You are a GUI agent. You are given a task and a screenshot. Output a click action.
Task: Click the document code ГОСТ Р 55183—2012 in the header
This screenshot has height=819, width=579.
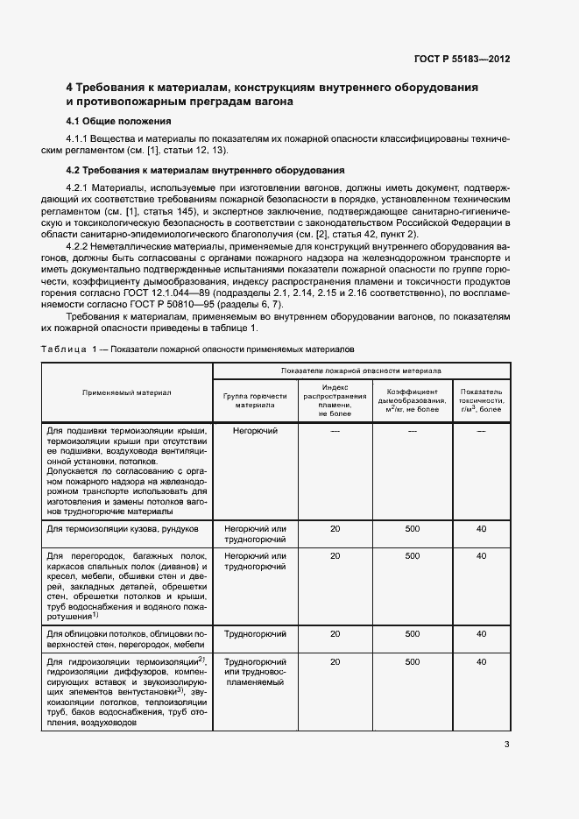(x=462, y=59)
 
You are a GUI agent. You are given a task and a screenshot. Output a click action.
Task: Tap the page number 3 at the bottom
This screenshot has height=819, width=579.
(x=507, y=745)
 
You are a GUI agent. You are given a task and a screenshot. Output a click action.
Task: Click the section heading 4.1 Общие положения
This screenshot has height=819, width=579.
(x=118, y=121)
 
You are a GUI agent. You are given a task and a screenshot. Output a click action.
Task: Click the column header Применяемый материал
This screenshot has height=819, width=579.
(x=127, y=392)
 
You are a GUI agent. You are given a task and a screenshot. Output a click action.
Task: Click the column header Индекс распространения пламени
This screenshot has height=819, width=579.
(x=335, y=400)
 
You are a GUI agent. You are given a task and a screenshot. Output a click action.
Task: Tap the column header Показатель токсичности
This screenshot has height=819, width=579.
(x=481, y=400)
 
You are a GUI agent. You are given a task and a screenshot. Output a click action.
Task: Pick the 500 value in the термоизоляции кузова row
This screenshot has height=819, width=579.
(x=412, y=530)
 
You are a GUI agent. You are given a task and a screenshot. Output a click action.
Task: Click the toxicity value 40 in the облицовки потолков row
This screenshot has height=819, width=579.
(x=481, y=633)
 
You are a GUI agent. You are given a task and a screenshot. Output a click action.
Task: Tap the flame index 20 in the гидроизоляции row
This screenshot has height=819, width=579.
(x=335, y=662)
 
